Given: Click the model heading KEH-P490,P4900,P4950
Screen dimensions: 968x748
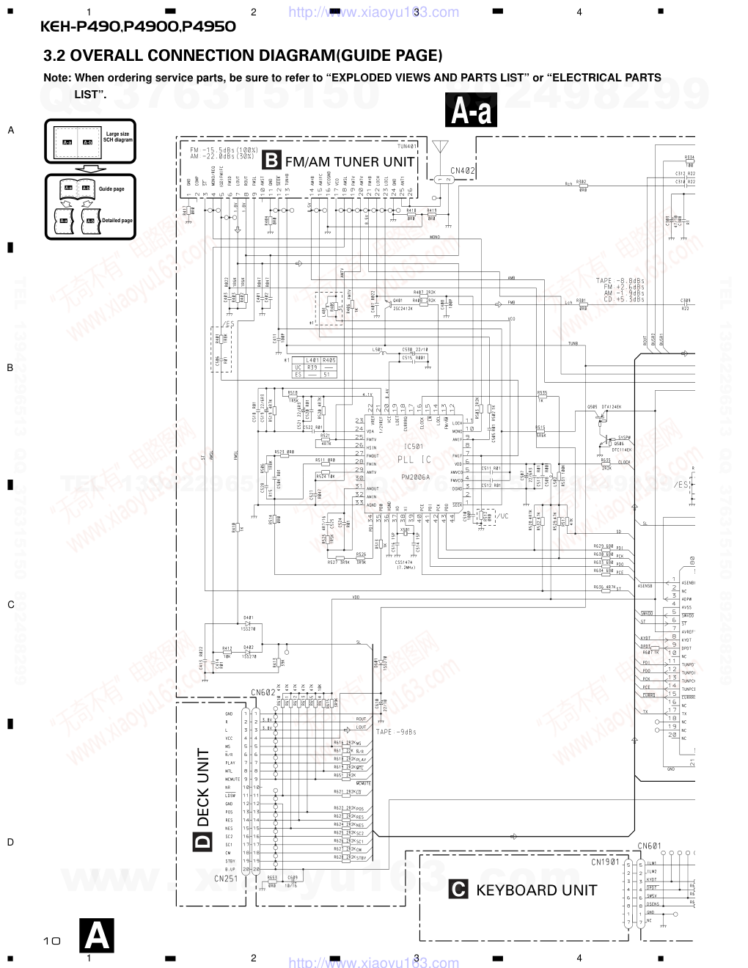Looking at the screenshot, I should click(138, 27).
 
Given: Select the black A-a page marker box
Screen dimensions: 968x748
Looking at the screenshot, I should click(471, 111).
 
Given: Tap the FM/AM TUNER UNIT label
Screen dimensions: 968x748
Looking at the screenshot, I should click(350, 161).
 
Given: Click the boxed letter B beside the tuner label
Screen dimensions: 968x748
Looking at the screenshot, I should click(271, 161).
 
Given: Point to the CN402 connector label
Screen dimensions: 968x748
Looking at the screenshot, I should click(463, 170).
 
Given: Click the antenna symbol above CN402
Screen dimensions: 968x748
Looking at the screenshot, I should click(439, 147).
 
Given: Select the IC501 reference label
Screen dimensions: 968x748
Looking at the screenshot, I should click(414, 446).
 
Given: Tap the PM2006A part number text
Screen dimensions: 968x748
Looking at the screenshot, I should click(416, 477).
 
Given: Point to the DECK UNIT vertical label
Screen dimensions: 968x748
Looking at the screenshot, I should click(203, 787).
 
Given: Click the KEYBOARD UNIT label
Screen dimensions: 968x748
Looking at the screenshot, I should click(537, 890).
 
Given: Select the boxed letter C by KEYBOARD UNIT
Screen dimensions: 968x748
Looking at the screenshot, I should click(458, 890).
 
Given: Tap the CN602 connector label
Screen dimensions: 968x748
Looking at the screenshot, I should click(263, 692).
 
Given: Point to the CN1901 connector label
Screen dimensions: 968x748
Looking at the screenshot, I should click(606, 862).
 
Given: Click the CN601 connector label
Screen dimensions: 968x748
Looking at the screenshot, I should click(649, 846).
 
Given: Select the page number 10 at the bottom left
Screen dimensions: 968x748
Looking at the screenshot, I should click(51, 940).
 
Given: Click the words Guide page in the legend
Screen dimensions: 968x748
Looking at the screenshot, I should click(111, 189).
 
